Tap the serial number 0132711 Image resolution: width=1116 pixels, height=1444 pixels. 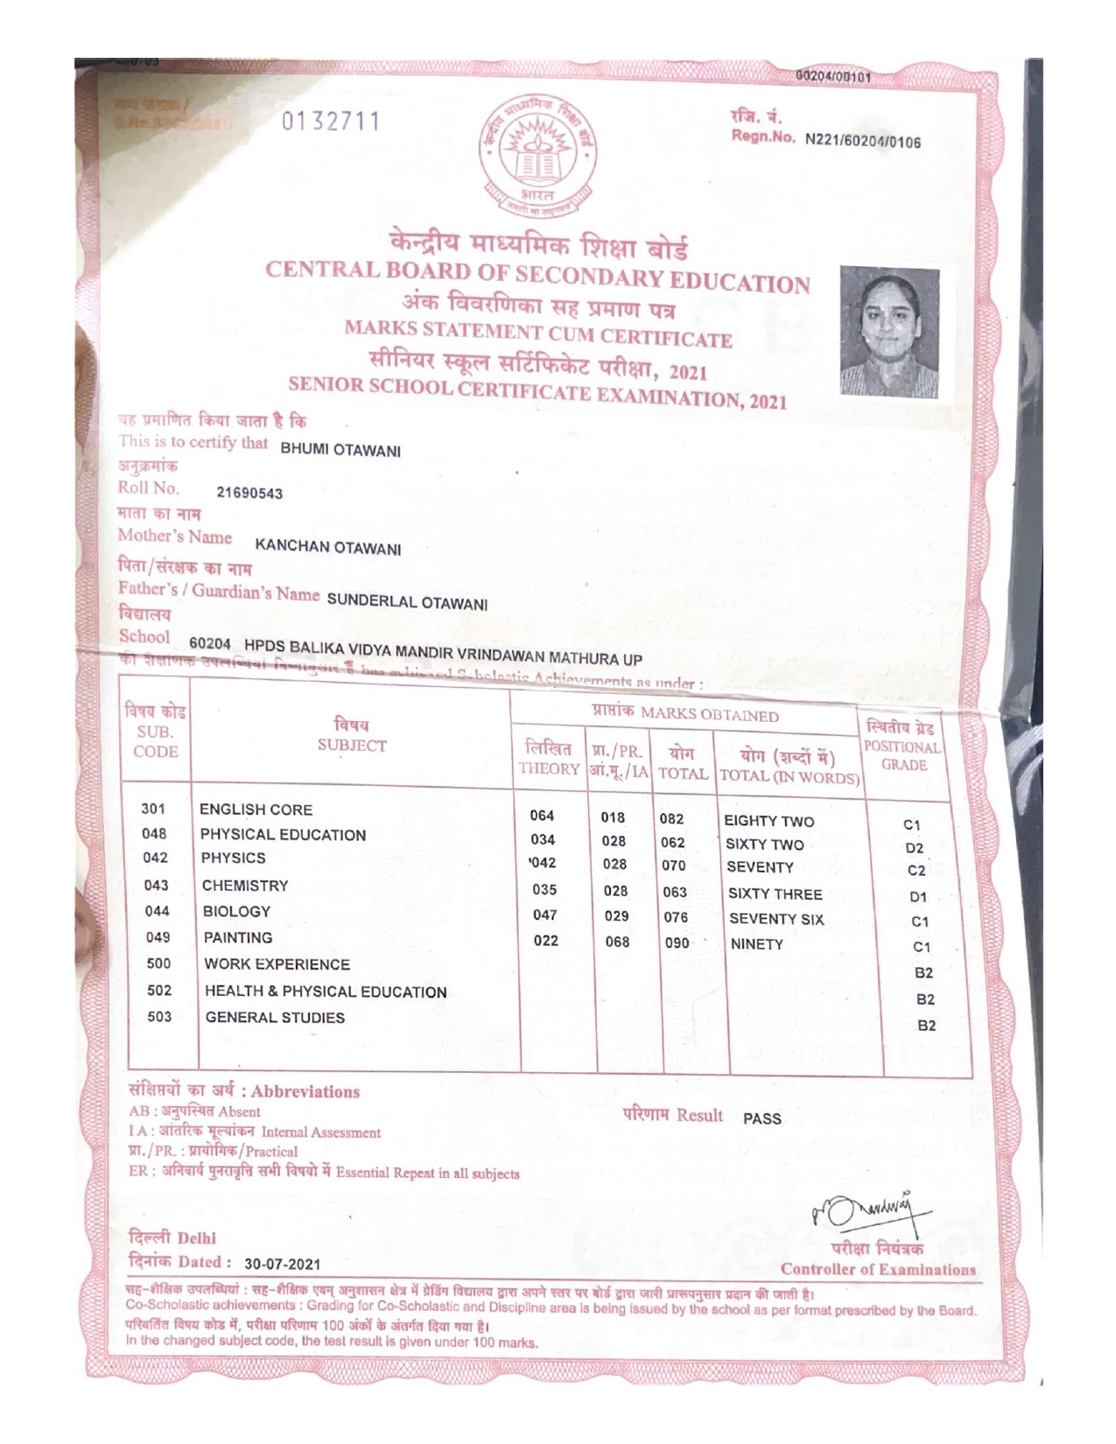coord(331,123)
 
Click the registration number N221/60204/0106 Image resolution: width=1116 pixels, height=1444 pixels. coord(862,141)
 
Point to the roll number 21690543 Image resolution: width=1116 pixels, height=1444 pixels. coord(249,494)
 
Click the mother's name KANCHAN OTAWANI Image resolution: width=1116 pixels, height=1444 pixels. coord(327,548)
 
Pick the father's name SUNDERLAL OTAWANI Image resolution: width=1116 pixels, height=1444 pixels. coord(407,602)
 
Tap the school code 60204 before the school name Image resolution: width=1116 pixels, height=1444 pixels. coord(210,644)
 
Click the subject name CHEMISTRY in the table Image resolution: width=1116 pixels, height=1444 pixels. coord(245,886)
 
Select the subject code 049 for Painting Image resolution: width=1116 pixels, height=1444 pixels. coord(158,937)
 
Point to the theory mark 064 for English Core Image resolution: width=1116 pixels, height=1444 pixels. coord(542,816)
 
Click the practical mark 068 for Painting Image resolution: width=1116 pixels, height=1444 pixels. coord(617,942)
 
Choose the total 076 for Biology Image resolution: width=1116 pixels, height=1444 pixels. coord(676,917)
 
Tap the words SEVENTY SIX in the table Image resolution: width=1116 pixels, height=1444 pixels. coord(776,919)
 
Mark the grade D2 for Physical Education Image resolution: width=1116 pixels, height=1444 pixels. coord(915,848)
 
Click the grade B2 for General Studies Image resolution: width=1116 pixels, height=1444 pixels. coord(926,1025)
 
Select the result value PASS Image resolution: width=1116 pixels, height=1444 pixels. coord(762,1118)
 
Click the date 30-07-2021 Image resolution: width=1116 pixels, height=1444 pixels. coord(282,1264)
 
